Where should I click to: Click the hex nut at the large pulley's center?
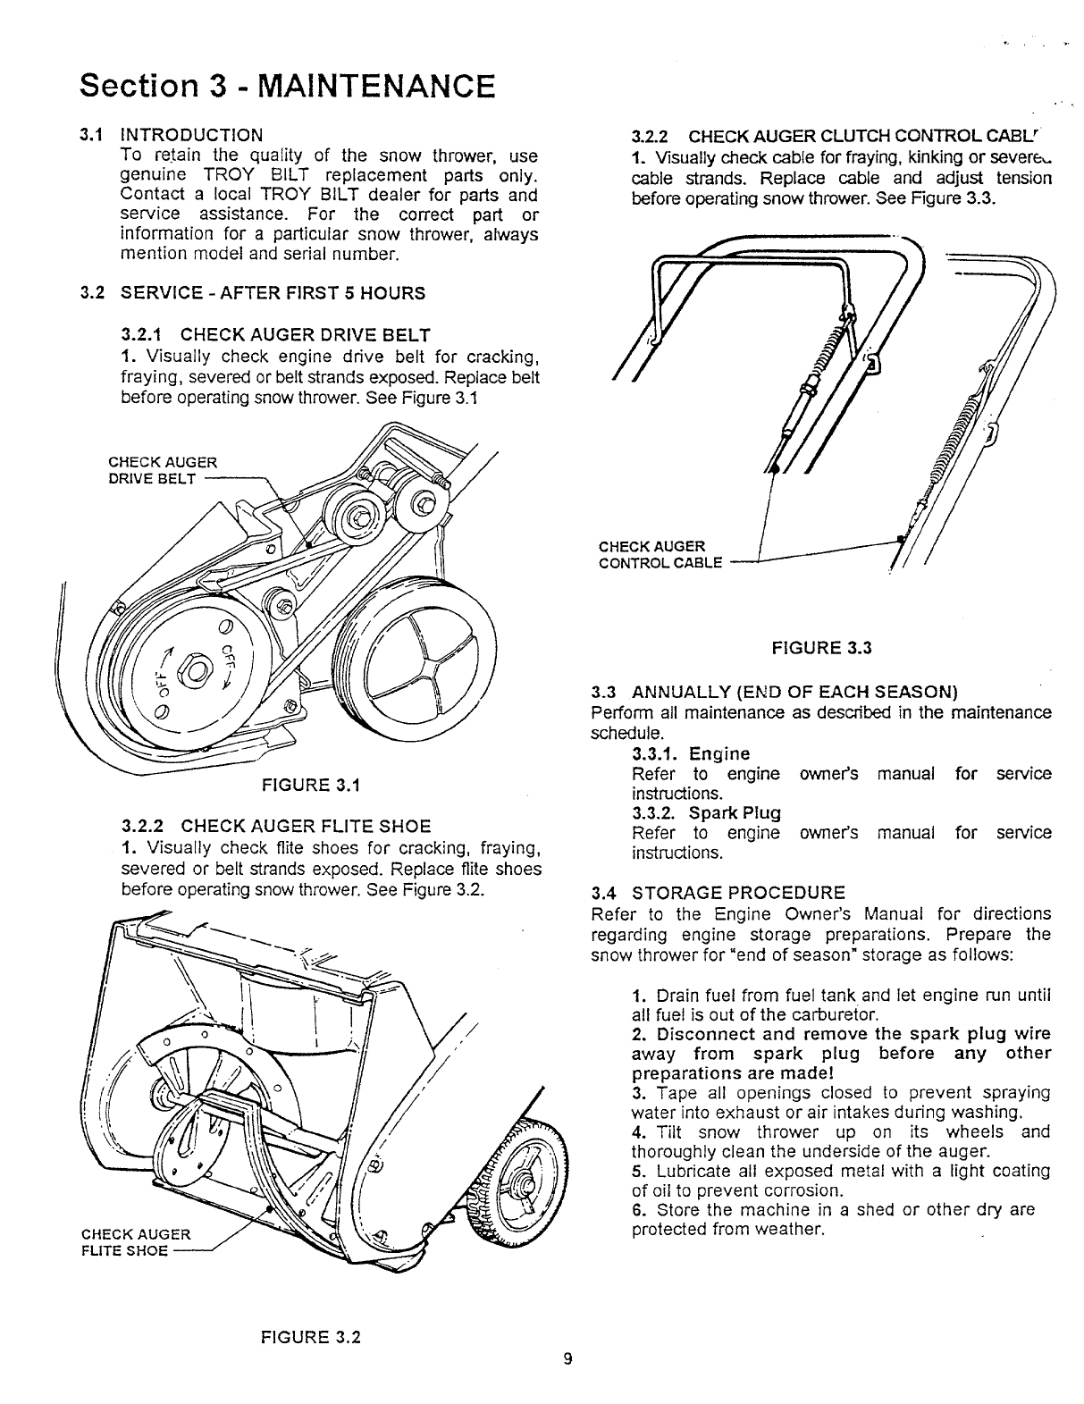pyautogui.click(x=193, y=668)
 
